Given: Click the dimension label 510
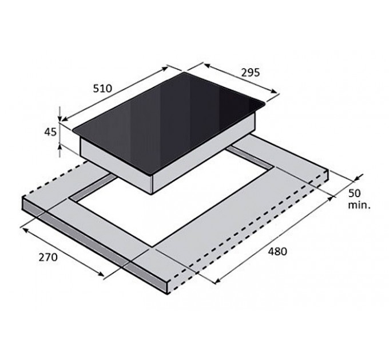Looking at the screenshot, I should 102,90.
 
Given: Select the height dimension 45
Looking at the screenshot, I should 50,133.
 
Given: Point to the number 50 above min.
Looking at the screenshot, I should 354,193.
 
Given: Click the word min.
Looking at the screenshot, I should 360,204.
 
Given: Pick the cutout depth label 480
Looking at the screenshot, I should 276,251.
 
